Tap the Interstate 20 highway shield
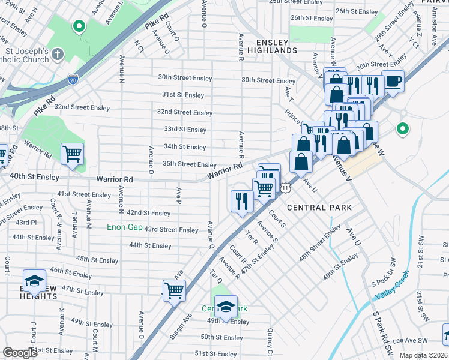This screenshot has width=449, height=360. pyautogui.click(x=73, y=79)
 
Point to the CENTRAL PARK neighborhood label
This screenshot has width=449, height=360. pyautogui.click(x=319, y=208)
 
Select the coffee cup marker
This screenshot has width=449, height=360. pyautogui.click(x=393, y=80)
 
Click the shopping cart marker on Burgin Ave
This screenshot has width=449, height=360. pyautogui.click(x=174, y=290)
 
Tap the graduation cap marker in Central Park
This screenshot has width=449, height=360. pyautogui.click(x=226, y=306)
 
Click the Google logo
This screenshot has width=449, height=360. pyautogui.click(x=20, y=353)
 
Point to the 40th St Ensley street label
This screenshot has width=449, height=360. pyautogui.click(x=34, y=177)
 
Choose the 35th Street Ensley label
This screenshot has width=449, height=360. pyautogui.click(x=189, y=164)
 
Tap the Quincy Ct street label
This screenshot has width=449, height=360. pyautogui.click(x=271, y=341)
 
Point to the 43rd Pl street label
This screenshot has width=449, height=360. pyautogui.click(x=26, y=223)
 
